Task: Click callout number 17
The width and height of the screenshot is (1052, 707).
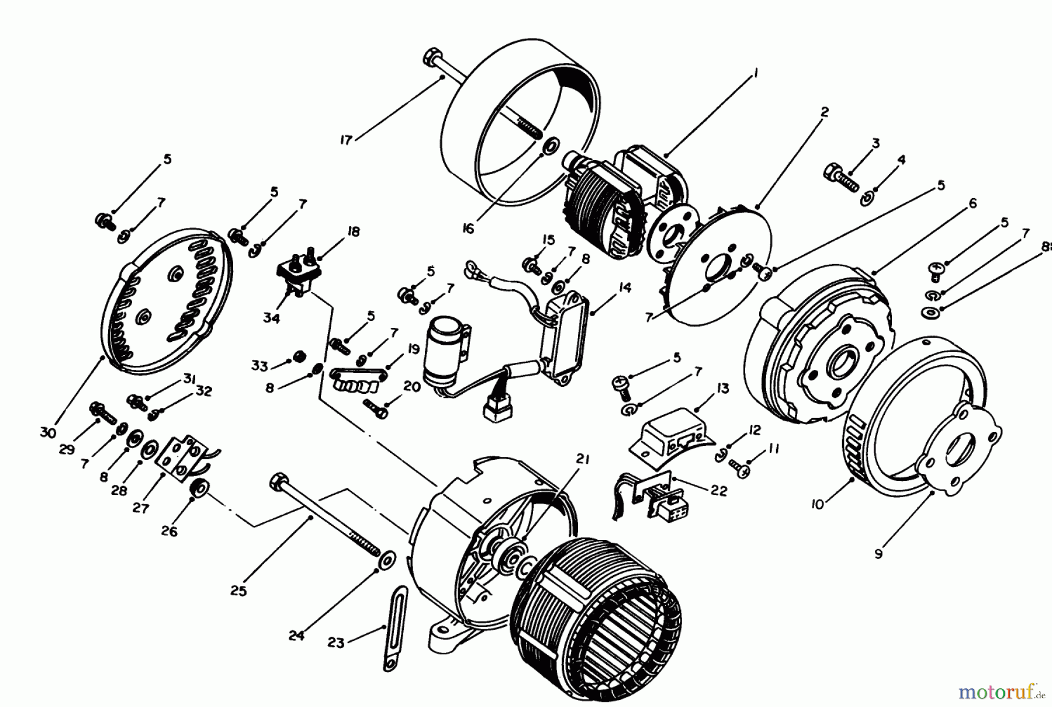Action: (x=347, y=141)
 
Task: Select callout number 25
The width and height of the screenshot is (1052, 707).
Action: (x=239, y=591)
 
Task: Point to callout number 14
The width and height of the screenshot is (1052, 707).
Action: (x=625, y=287)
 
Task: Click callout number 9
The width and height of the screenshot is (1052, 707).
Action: (x=878, y=553)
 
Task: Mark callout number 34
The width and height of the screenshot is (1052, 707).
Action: (x=271, y=318)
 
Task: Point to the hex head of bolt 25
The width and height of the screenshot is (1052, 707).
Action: (x=277, y=483)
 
